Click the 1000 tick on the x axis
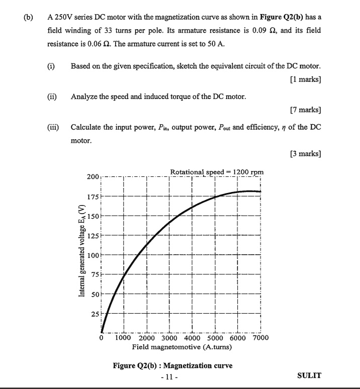point(124,338)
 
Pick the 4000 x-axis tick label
point(193,338)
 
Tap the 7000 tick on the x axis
point(260,338)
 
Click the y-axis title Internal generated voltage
point(81,251)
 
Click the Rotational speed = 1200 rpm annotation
point(217,172)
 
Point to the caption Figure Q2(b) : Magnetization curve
point(180,365)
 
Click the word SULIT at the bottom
point(309,375)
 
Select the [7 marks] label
point(306,110)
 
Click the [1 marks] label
point(306,79)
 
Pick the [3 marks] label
point(306,153)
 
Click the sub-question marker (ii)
point(52,96)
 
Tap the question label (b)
point(30,17)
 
